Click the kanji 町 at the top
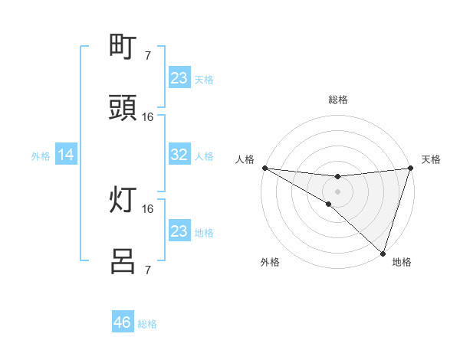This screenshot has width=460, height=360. (x=123, y=47)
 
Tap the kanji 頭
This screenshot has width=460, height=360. (x=123, y=110)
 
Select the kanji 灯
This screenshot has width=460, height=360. (x=123, y=201)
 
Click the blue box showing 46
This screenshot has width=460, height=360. (x=123, y=322)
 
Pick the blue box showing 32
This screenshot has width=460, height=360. (x=179, y=155)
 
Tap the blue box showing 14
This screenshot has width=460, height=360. (x=66, y=155)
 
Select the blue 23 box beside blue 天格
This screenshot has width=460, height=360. (x=179, y=77)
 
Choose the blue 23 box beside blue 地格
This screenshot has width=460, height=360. (x=179, y=231)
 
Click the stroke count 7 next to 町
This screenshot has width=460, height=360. (x=148, y=55)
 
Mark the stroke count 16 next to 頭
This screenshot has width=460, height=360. (x=148, y=117)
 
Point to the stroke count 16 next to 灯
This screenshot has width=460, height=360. (x=148, y=208)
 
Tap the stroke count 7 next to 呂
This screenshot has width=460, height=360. (x=148, y=270)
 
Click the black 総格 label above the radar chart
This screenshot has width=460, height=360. (x=338, y=100)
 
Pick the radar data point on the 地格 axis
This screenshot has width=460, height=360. (x=383, y=253)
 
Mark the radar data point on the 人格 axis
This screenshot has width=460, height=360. (x=264, y=168)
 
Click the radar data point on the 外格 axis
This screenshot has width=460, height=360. (x=329, y=204)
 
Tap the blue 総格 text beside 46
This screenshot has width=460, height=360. (x=147, y=324)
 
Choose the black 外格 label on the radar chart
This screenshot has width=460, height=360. (x=270, y=262)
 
